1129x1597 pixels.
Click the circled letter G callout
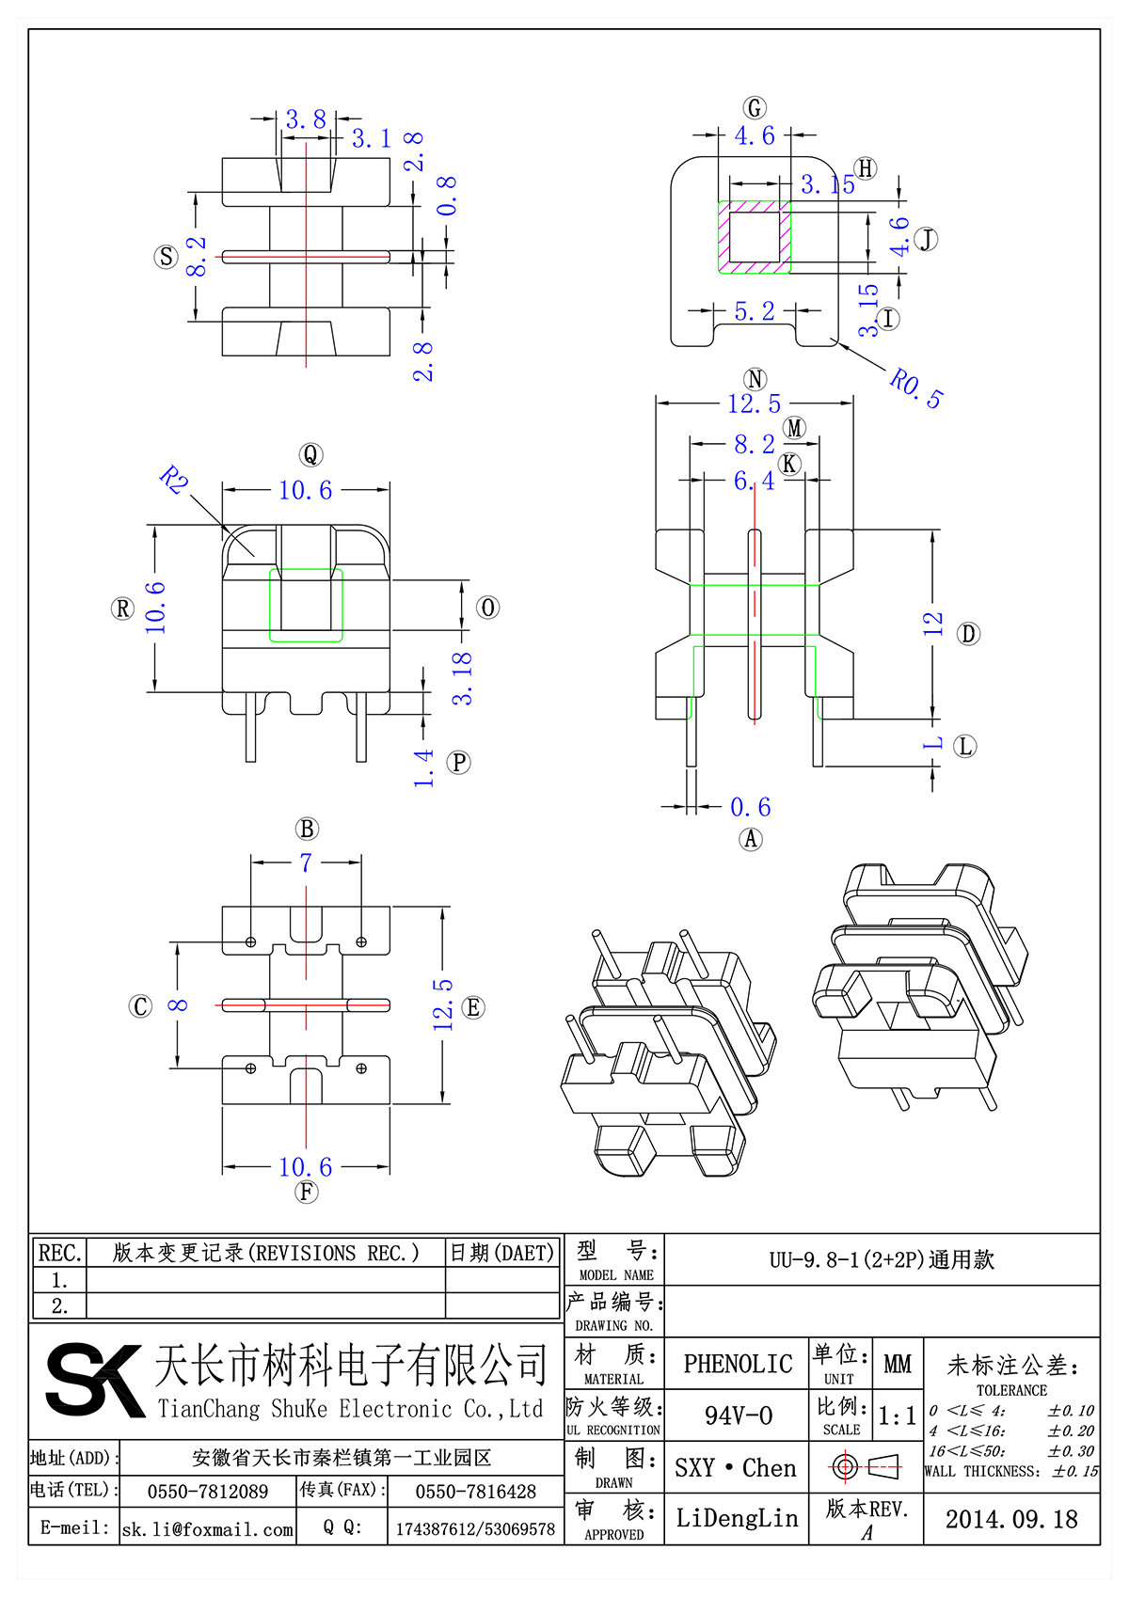[755, 108]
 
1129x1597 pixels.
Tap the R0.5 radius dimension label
[915, 387]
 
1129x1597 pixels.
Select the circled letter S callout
[166, 257]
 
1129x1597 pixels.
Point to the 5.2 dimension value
[755, 311]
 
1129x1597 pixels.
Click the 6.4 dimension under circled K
[754, 482]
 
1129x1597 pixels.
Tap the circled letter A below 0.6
[750, 839]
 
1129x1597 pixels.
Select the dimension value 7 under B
[306, 862]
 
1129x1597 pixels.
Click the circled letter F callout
[307, 1193]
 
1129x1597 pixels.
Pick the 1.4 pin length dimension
[424, 767]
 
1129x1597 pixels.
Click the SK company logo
[94, 1380]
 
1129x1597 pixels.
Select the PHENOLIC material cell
[738, 1364]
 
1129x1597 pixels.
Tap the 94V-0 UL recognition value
[739, 1415]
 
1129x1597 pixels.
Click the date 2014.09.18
[1011, 1519]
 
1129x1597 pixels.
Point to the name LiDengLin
[737, 1518]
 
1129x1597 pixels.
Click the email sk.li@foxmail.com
[208, 1529]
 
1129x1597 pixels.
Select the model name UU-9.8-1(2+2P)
[882, 1259]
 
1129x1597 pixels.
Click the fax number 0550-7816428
[475, 1492]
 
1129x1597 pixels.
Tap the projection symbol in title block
[865, 1466]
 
